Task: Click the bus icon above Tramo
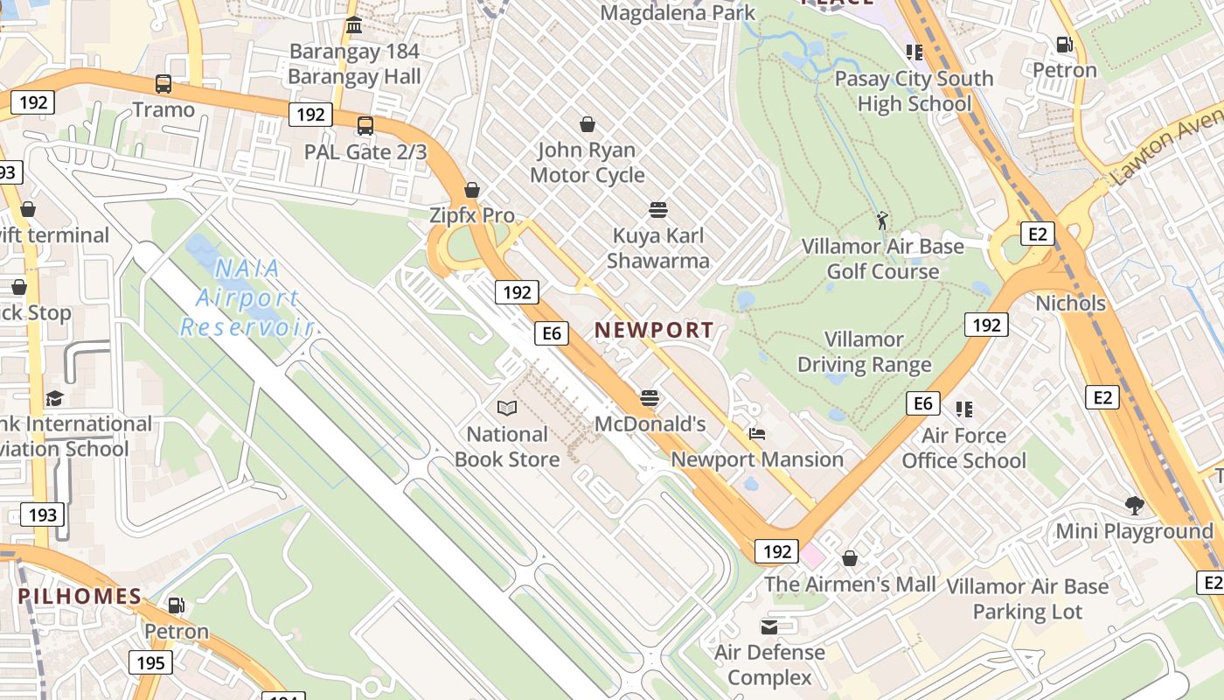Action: tap(163, 84)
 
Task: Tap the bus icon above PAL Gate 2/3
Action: tap(365, 125)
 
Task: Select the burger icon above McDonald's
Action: tap(649, 398)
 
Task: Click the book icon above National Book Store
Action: tap(507, 408)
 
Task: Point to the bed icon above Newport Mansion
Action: tap(757, 433)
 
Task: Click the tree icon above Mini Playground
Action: tap(1135, 505)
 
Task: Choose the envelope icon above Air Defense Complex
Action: tap(769, 626)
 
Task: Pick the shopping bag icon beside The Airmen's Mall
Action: tap(850, 558)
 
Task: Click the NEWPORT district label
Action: tap(654, 330)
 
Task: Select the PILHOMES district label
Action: tap(80, 597)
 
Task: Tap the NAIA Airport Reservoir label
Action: tap(247, 298)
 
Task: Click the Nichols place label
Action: tap(1070, 304)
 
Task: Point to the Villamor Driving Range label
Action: tap(864, 352)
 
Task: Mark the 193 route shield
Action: tap(42, 514)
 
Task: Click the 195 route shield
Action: tap(150, 662)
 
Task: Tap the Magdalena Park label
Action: tap(678, 13)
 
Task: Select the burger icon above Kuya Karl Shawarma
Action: tap(658, 210)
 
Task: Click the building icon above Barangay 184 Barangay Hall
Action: tap(354, 25)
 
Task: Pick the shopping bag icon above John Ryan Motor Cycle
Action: tap(588, 124)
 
